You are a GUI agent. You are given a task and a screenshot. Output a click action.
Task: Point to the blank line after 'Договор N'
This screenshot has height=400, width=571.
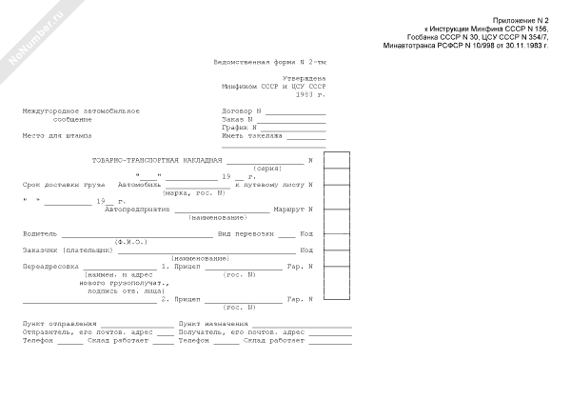[x=295, y=111]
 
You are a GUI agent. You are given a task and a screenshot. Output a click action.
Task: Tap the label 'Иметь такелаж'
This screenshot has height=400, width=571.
[x=252, y=135]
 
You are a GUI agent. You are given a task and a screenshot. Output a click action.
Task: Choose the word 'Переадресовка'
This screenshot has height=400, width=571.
[x=49, y=267]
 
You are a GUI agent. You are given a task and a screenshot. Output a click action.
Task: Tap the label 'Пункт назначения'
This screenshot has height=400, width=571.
[x=209, y=325]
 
